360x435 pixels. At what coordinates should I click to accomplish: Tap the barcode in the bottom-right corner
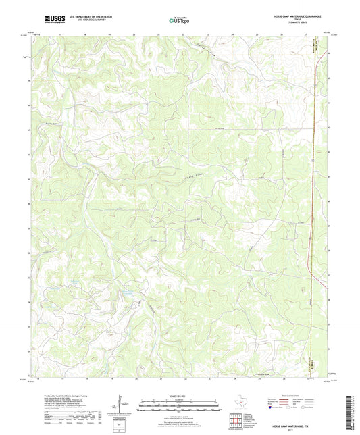[349, 413]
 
